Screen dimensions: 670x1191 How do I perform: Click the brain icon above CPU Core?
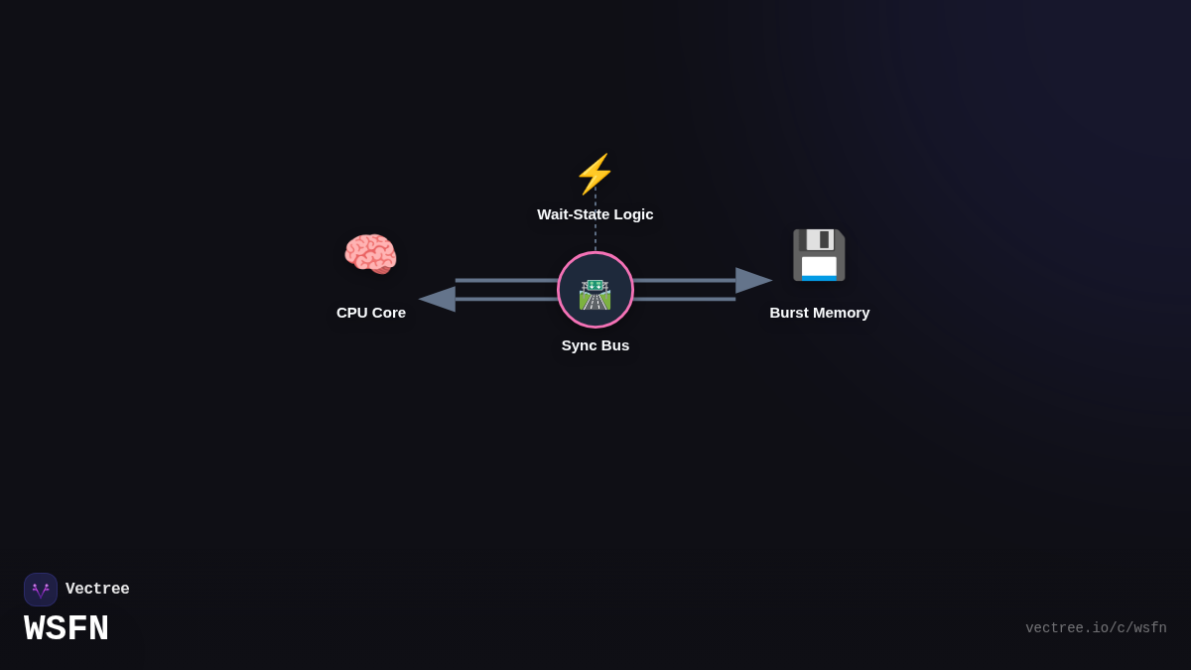[370, 254]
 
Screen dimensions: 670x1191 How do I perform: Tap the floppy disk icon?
[819, 255]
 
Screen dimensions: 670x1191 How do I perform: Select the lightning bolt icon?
[595, 174]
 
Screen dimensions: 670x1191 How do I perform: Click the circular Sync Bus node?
[595, 290]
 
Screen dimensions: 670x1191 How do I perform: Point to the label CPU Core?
[371, 313]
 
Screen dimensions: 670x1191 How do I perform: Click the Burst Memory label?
[820, 313]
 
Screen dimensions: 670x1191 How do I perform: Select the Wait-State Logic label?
[595, 214]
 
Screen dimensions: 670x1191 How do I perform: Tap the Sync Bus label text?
[595, 345]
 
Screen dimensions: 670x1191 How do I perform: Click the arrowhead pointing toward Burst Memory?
[753, 281]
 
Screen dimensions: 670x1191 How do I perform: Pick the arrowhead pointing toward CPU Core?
[437, 299]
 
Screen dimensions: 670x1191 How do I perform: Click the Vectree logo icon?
[41, 590]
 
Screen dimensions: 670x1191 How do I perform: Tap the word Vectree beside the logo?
[97, 590]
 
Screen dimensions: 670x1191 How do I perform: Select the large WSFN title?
[66, 629]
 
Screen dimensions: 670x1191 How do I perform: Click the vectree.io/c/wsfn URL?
[1096, 628]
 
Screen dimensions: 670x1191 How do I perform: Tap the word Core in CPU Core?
[389, 313]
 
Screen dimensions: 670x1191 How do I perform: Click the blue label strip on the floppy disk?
[819, 278]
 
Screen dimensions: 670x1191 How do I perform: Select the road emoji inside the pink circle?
[595, 294]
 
